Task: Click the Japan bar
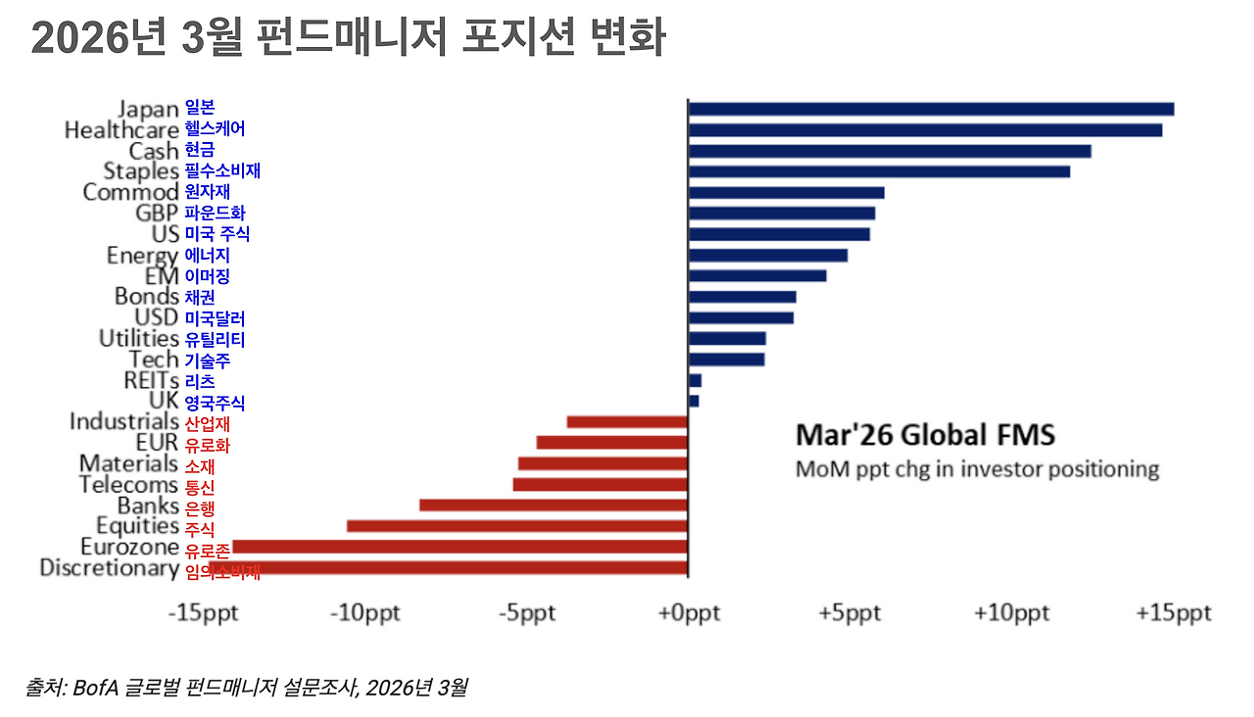coord(931,109)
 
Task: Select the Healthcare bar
coord(925,129)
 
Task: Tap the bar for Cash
coord(890,151)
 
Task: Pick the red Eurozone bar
coord(460,547)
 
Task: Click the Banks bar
coord(554,505)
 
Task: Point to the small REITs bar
coord(695,380)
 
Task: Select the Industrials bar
coord(627,422)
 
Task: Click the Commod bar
coord(786,193)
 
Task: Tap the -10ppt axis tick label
coord(363,613)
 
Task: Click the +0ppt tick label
coord(689,613)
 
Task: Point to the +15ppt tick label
coord(1173,613)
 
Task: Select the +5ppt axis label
coord(849,613)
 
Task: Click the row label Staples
coord(140,171)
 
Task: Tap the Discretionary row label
coord(109,568)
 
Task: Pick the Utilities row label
coord(138,339)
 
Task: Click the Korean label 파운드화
coord(215,214)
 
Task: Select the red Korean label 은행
coord(199,507)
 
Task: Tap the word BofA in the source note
coord(95,688)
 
